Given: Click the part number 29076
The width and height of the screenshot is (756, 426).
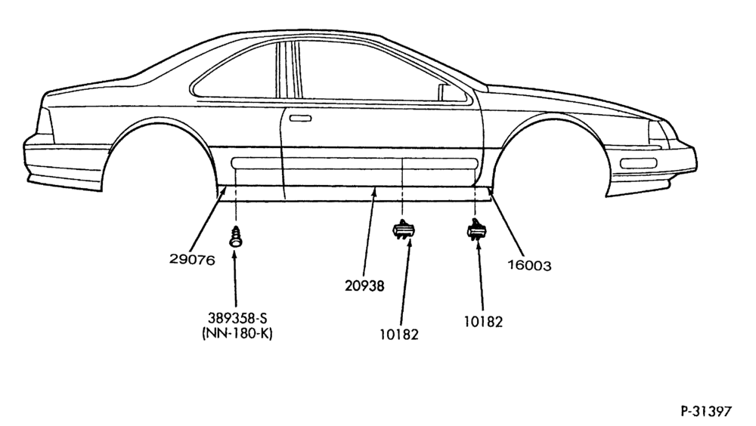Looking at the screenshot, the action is (x=192, y=260).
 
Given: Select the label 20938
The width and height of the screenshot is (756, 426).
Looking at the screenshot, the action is (x=364, y=286).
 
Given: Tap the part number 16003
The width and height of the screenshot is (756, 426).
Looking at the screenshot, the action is (x=529, y=266).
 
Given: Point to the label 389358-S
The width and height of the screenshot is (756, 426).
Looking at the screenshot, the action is (x=237, y=318).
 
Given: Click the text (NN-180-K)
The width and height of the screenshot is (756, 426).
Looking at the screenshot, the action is (x=237, y=333).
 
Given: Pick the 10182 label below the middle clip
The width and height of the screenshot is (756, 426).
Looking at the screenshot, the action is (x=398, y=335).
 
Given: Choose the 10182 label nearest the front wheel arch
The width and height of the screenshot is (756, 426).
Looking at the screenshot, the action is (x=483, y=322).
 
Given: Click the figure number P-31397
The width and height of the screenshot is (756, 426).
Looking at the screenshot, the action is (x=706, y=411).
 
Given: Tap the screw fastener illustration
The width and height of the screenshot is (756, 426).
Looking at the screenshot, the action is (x=235, y=236).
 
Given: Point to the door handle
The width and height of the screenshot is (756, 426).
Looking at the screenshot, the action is (x=300, y=118).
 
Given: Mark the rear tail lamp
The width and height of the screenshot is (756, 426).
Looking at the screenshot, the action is (x=45, y=122).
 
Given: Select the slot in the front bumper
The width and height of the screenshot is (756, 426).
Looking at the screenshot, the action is (x=638, y=163).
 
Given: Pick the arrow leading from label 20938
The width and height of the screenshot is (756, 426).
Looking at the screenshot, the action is (x=370, y=233).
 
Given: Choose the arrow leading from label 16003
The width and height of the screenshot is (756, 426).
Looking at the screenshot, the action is (x=505, y=221).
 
